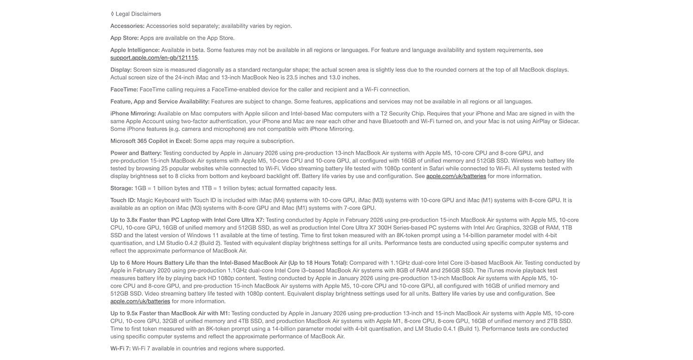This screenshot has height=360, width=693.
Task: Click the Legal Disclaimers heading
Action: pyautogui.click(x=138, y=14)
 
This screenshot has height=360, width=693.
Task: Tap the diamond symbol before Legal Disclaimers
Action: pyautogui.click(x=112, y=14)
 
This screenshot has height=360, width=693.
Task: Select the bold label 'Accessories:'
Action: pyautogui.click(x=127, y=26)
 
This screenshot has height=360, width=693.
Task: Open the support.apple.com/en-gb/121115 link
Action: pyautogui.click(x=154, y=58)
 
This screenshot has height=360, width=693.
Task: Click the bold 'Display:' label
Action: pyautogui.click(x=121, y=70)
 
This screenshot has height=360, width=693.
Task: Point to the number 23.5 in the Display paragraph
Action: pyautogui.click(x=292, y=78)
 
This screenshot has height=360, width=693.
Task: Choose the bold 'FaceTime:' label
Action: pyautogui.click(x=124, y=90)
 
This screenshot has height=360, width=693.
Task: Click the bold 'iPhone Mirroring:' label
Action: pyautogui.click(x=133, y=114)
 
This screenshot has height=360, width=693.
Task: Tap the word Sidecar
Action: pyautogui.click(x=569, y=122)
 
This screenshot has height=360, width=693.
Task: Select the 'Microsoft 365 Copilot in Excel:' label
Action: pyautogui.click(x=151, y=141)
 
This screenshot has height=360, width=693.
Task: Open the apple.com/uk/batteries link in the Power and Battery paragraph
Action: pyautogui.click(x=456, y=176)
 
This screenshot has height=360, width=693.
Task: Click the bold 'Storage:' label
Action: pyautogui.click(x=122, y=188)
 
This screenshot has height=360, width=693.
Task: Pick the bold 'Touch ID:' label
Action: pyautogui.click(x=122, y=200)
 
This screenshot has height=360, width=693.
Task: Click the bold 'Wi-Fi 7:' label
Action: pyautogui.click(x=120, y=348)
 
